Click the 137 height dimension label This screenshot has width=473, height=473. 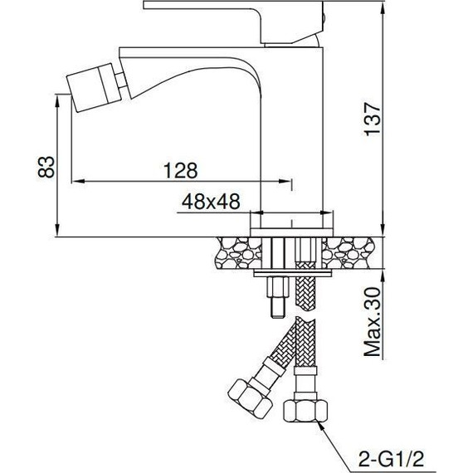coord(373,119)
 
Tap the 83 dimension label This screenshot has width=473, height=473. coord(46,167)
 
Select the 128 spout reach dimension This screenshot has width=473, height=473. coord(180,170)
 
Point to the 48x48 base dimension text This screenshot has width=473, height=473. coord(211,201)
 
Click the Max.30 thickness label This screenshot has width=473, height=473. coord(373,322)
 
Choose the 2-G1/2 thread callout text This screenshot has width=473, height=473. coord(391,459)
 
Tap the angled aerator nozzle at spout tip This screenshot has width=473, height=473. coord(94,87)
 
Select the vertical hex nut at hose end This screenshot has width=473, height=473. coord(305,411)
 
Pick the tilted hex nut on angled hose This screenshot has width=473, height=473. coord(250,398)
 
